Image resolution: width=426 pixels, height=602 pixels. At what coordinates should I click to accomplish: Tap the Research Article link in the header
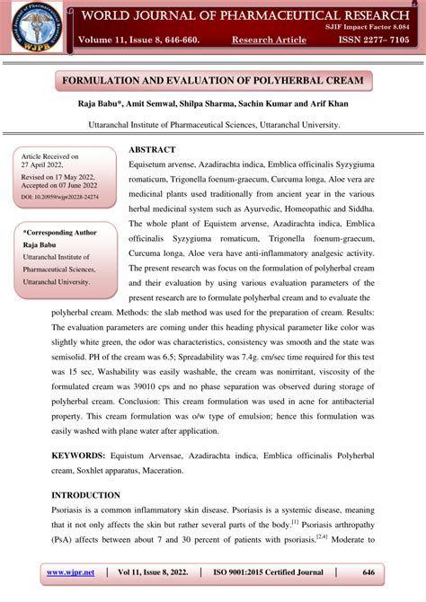pyautogui.click(x=269, y=40)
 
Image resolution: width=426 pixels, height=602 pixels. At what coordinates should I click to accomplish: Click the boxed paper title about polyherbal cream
pyautogui.click(x=213, y=81)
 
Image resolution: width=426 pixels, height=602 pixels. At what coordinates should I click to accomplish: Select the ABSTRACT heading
pyautogui.click(x=152, y=149)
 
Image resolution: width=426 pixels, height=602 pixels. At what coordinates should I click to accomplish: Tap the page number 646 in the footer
pyautogui.click(x=368, y=571)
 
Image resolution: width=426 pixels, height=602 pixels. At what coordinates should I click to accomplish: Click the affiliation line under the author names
pyautogui.click(x=213, y=126)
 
